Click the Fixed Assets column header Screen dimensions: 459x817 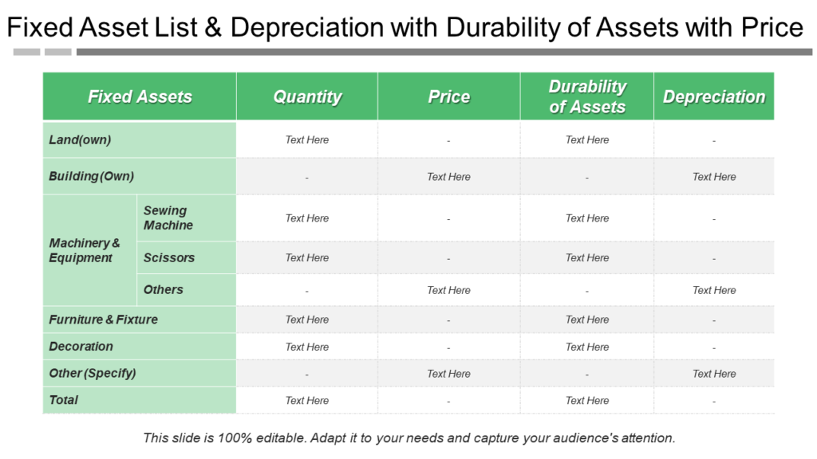coord(140,96)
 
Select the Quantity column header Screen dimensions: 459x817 coord(307,96)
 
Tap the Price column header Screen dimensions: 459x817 coord(448,96)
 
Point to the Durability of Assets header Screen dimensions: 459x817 coord(587,96)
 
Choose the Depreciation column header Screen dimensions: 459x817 coord(714,96)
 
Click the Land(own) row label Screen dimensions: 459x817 coord(80,139)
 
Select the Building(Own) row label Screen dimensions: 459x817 coord(91,176)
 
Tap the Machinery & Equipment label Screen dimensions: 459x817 coord(85,250)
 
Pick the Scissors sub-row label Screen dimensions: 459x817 coord(169,257)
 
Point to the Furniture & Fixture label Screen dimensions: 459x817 coord(103,320)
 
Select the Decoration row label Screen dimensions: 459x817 coord(81,347)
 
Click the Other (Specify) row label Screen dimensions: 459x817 coord(93,373)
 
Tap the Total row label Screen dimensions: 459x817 coord(64,400)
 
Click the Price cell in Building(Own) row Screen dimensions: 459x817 coord(448,177)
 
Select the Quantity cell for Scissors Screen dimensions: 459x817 coord(307,257)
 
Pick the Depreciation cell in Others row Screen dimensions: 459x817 coord(714,290)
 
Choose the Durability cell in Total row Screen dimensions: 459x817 coord(587,401)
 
